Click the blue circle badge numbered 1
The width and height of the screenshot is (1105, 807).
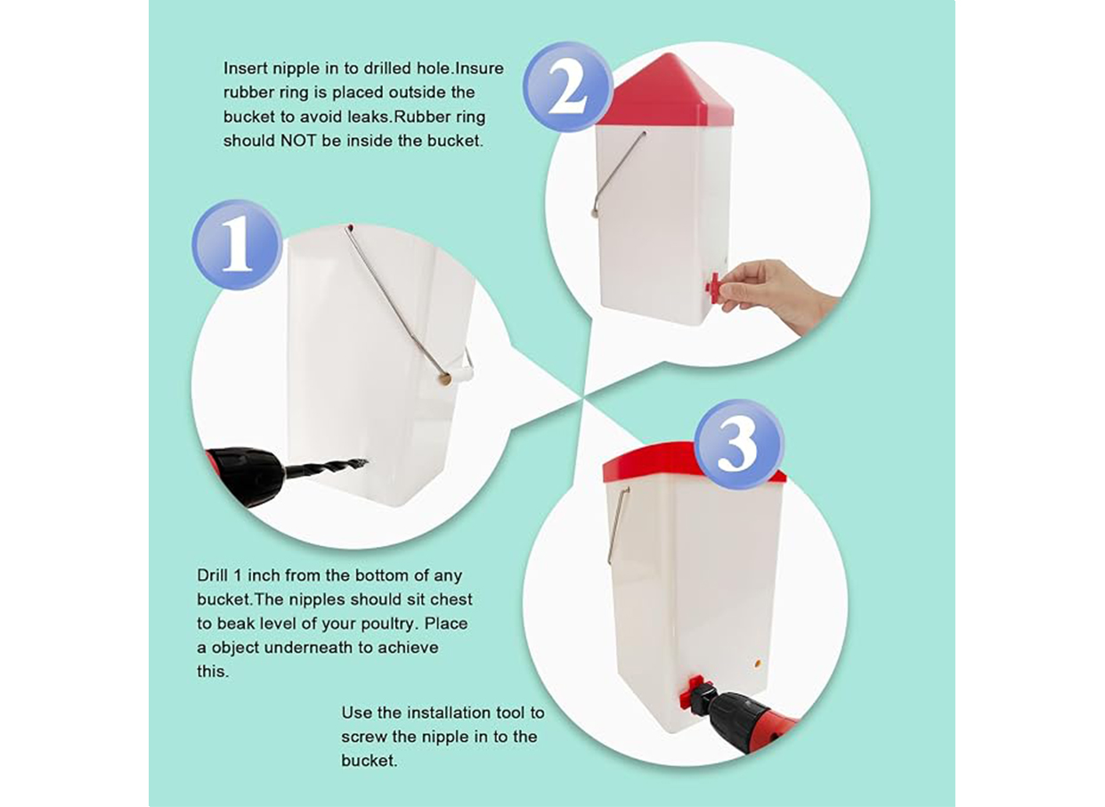(x=237, y=245)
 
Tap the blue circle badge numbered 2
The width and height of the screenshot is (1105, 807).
(x=568, y=87)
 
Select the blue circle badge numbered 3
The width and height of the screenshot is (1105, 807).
(x=739, y=444)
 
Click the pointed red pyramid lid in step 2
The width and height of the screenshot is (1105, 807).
(x=667, y=92)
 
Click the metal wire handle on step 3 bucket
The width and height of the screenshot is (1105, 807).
(x=618, y=524)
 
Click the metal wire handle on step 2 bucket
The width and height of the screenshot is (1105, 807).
(x=618, y=174)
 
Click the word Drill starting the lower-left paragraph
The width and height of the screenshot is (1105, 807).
(x=213, y=575)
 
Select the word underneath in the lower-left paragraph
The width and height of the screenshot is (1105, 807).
(x=309, y=648)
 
